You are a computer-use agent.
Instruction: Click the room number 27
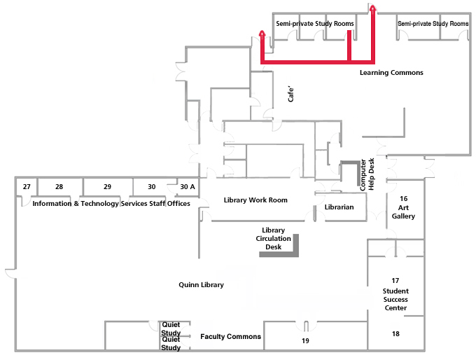(27, 187)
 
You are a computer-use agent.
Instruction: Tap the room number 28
(59, 187)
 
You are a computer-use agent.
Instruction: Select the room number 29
(107, 187)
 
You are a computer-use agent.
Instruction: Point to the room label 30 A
(187, 187)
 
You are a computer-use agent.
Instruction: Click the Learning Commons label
(391, 73)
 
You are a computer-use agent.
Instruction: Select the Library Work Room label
(255, 200)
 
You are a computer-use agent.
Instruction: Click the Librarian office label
(339, 207)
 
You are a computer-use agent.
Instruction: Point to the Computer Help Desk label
(367, 175)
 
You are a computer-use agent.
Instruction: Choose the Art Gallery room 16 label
(403, 208)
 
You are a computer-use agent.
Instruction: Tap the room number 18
(395, 334)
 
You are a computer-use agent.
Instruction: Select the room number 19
(305, 340)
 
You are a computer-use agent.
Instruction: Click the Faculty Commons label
(230, 337)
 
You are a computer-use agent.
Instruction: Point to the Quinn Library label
(201, 285)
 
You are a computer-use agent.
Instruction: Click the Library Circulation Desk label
(273, 238)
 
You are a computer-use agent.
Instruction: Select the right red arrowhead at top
(373, 8)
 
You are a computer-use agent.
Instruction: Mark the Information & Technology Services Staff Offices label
(111, 204)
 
